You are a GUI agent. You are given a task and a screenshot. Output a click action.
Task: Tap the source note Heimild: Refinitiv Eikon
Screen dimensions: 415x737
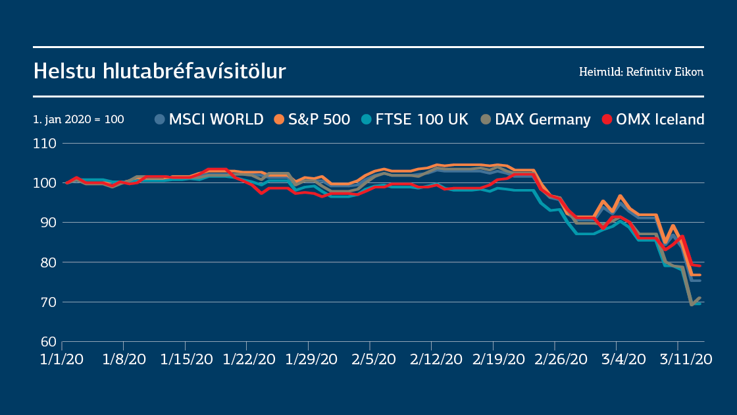click(x=641, y=72)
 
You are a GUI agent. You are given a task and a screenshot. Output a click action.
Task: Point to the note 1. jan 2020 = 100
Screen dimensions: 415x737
click(x=78, y=120)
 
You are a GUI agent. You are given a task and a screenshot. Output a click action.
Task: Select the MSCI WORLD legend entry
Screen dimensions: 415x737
click(x=209, y=119)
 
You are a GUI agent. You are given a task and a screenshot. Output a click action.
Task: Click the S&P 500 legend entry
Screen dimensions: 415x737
click(x=312, y=119)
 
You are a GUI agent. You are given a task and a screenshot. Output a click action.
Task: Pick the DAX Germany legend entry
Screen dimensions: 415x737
click(x=536, y=119)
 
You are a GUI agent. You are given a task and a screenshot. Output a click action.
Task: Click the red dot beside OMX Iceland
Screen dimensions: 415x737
click(x=606, y=119)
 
